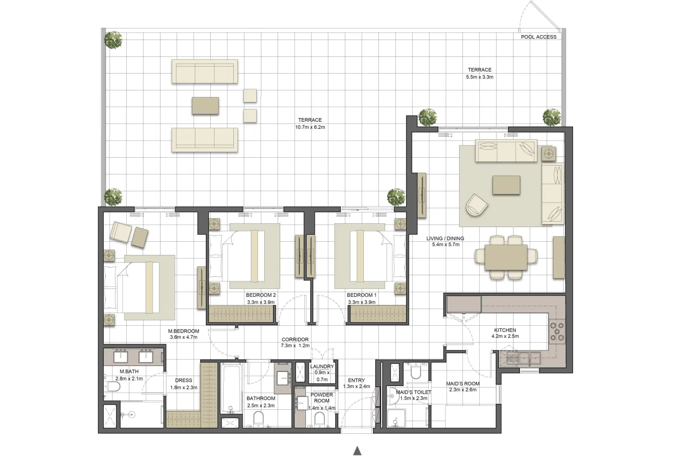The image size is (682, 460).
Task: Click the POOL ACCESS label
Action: coord(538,37)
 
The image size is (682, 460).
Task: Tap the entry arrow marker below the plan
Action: coord(357,451)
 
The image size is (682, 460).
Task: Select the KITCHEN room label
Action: coord(505,330)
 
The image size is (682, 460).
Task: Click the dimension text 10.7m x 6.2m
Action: coord(310,127)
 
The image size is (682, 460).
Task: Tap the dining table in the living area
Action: coord(506,257)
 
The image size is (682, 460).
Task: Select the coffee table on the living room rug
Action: coord(506,185)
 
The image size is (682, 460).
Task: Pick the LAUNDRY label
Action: coord(322,366)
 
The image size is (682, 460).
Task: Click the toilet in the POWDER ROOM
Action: coord(319,418)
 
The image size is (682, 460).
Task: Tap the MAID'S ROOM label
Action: coord(463,383)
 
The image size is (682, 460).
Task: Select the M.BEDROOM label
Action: coord(184,331)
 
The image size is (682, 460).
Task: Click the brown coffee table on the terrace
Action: coord(205,105)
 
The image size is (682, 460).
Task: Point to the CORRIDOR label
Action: coord(295,340)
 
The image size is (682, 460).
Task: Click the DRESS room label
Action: coord(184,380)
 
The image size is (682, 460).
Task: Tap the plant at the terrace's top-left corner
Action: coord(113,40)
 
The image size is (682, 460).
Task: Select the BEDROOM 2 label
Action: coord(261,295)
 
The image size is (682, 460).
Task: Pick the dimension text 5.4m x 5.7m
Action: coord(445,245)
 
